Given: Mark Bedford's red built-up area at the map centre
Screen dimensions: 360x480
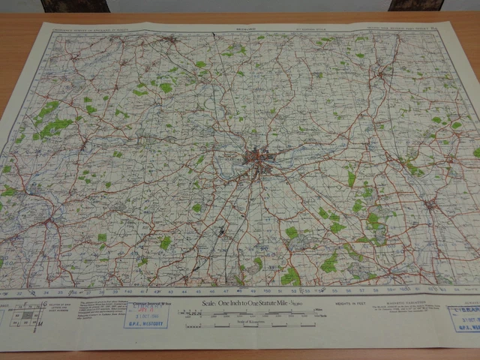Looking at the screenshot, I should coord(259,158).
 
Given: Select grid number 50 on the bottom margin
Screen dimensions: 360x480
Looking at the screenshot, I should coord(267,291).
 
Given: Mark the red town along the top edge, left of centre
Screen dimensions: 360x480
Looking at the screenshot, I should coord(172,38).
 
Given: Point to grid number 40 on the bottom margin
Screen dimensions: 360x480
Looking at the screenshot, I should coord(126,292).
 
